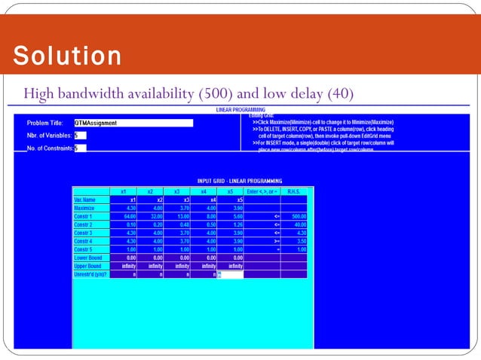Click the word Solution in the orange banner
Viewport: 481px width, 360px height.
[67, 56]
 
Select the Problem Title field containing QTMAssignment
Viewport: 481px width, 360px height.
[133, 123]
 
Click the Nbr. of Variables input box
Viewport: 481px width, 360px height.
[80, 136]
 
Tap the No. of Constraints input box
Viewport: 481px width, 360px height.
[80, 148]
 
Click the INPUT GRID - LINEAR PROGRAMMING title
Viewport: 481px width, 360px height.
[240, 181]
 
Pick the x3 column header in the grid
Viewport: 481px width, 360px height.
[176, 191]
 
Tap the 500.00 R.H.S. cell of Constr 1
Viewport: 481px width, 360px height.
[296, 216]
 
